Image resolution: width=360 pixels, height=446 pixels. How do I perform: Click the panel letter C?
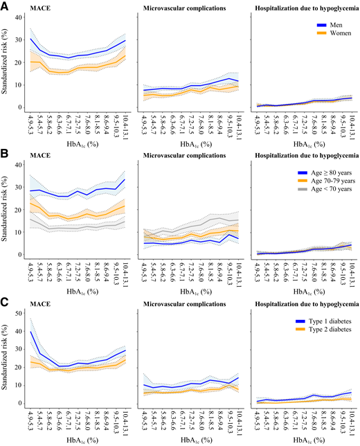6,301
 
